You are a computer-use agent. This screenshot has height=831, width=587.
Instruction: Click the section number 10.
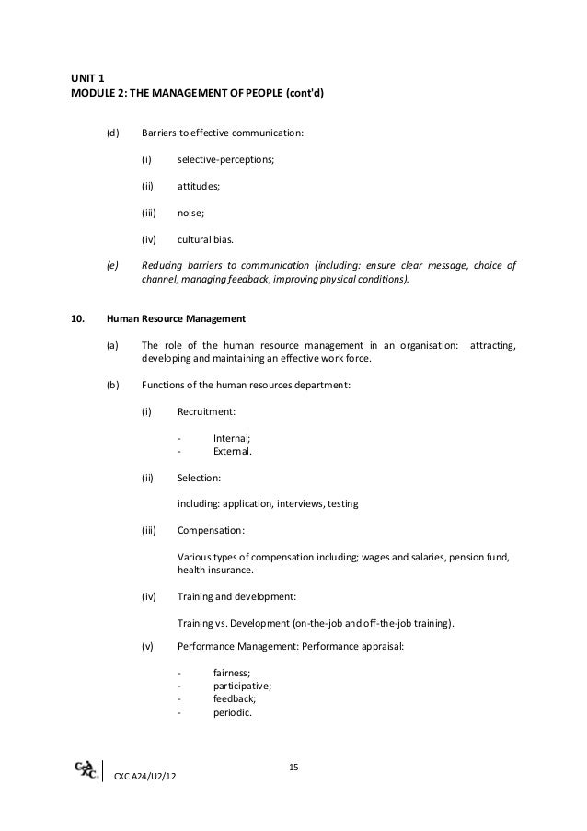pyautogui.click(x=78, y=320)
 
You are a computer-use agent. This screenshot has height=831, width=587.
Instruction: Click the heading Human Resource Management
pyautogui.click(x=176, y=320)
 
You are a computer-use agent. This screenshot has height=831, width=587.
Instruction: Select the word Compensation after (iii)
pyautogui.click(x=211, y=531)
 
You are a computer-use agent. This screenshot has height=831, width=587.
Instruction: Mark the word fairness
pyautogui.click(x=232, y=673)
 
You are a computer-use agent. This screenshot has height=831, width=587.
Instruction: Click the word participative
pyautogui.click(x=242, y=686)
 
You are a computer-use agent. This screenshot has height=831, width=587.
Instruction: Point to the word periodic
pyautogui.click(x=232, y=711)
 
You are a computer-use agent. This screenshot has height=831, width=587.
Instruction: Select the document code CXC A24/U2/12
pyautogui.click(x=146, y=780)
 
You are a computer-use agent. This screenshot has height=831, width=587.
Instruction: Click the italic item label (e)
pyautogui.click(x=113, y=267)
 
